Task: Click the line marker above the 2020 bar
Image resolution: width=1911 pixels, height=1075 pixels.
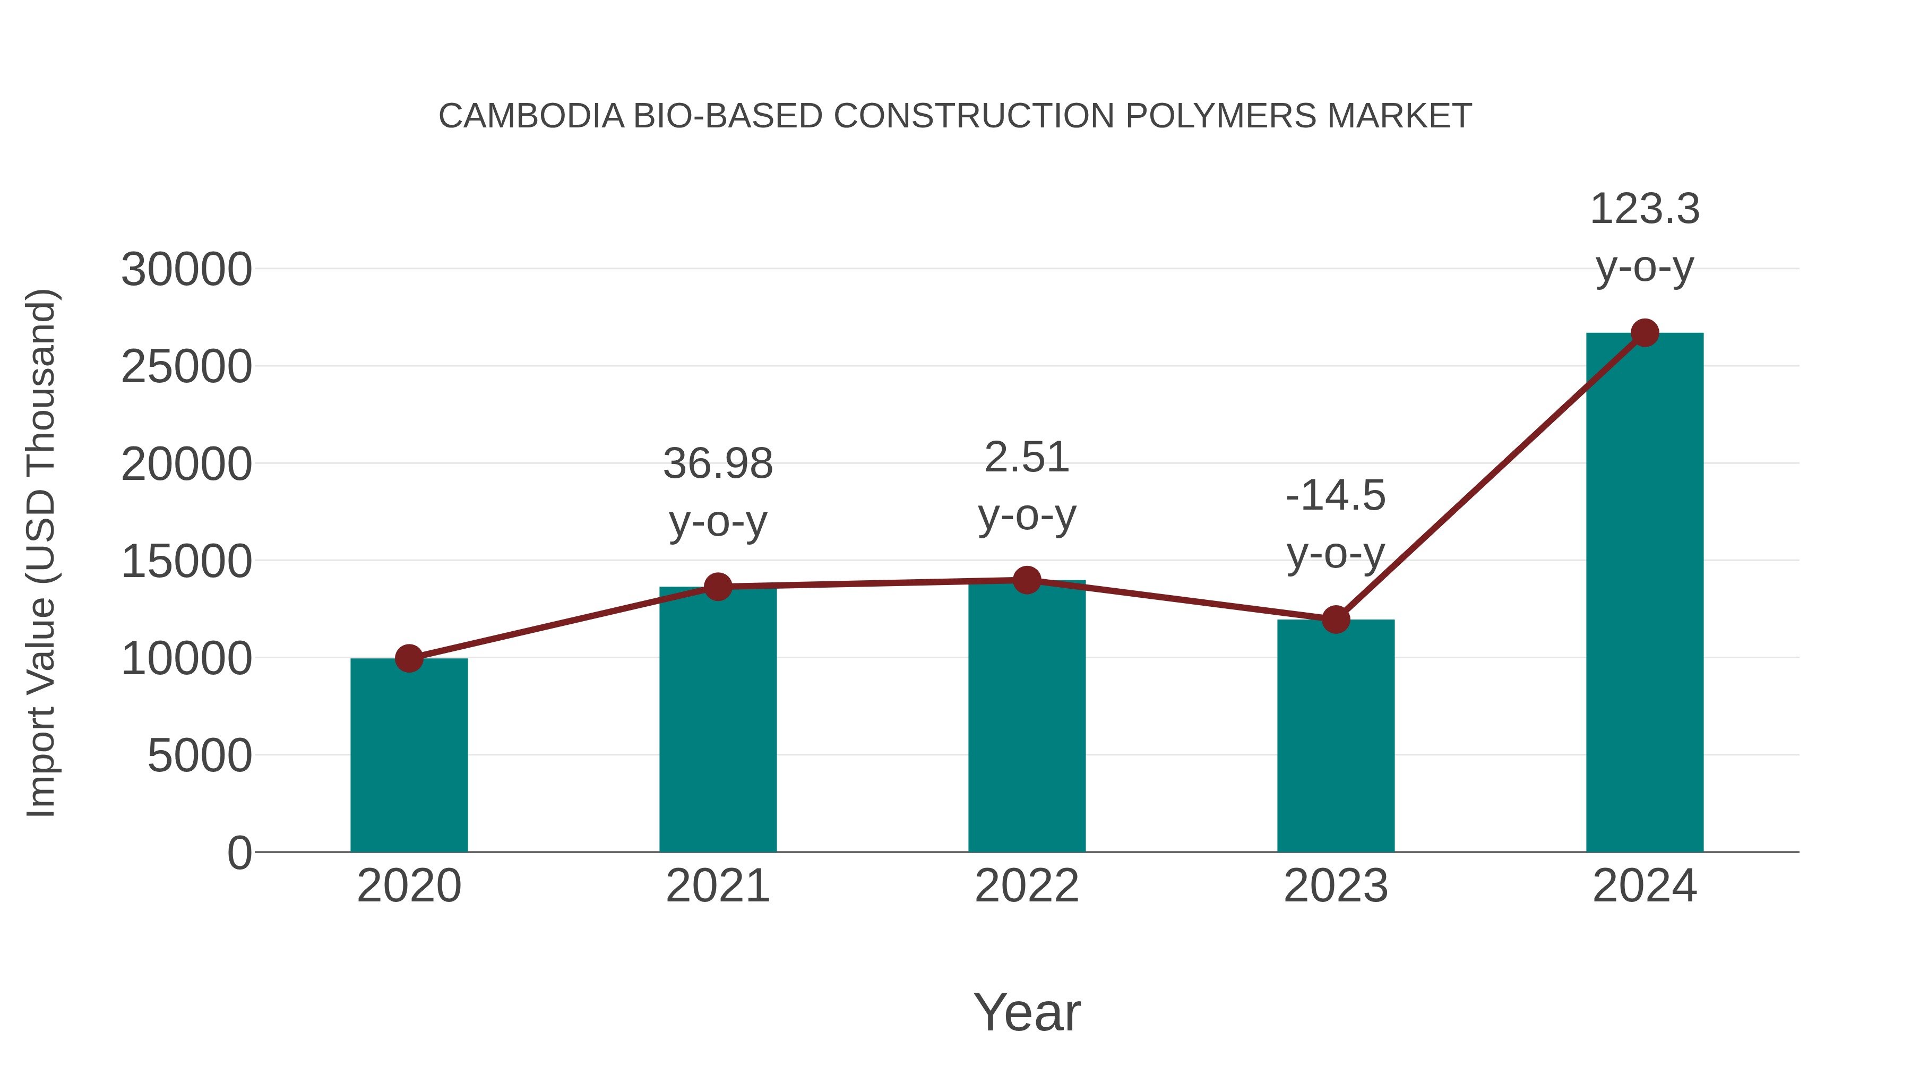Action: coord(409,658)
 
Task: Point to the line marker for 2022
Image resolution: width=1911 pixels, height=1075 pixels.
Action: coord(1027,580)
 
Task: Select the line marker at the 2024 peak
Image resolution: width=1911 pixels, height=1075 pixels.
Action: coord(1645,333)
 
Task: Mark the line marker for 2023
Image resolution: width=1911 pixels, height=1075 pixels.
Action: coord(1336,619)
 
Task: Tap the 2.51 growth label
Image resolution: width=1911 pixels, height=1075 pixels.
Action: coord(1027,485)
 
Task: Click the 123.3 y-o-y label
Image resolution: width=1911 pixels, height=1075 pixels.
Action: coord(1645,237)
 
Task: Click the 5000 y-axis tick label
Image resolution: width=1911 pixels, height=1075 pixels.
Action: coord(200,756)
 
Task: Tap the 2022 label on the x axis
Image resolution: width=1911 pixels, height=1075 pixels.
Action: coord(1027,886)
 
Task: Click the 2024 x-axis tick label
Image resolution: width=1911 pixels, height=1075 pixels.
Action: coord(1645,886)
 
